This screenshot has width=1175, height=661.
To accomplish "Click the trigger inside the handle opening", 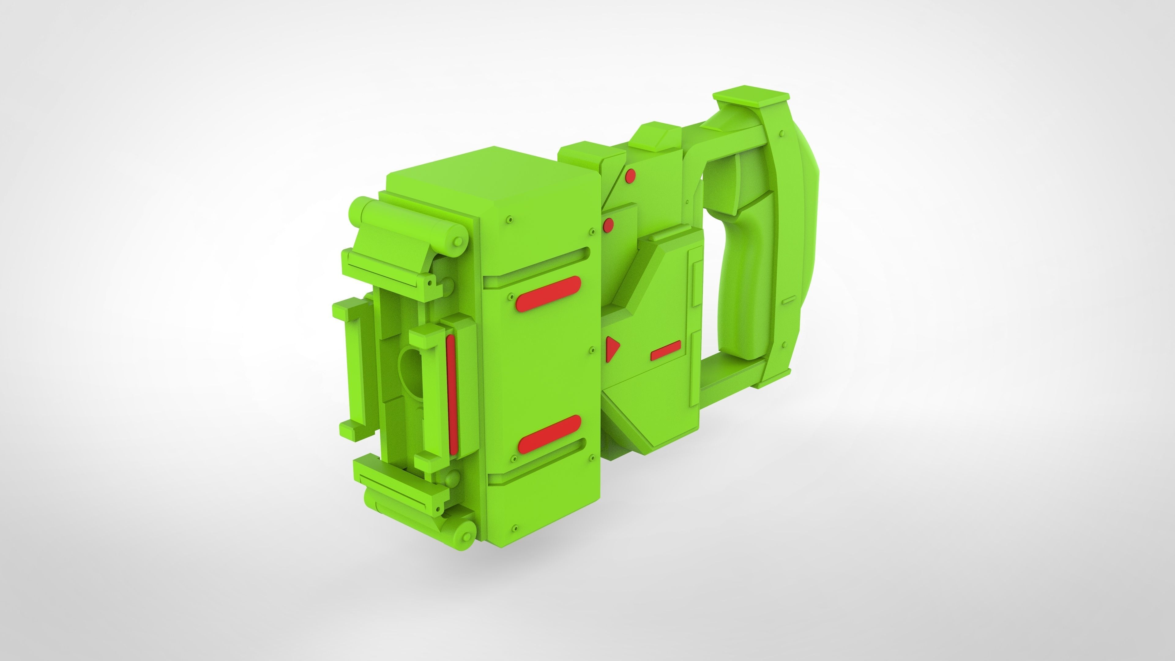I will coord(728,182).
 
